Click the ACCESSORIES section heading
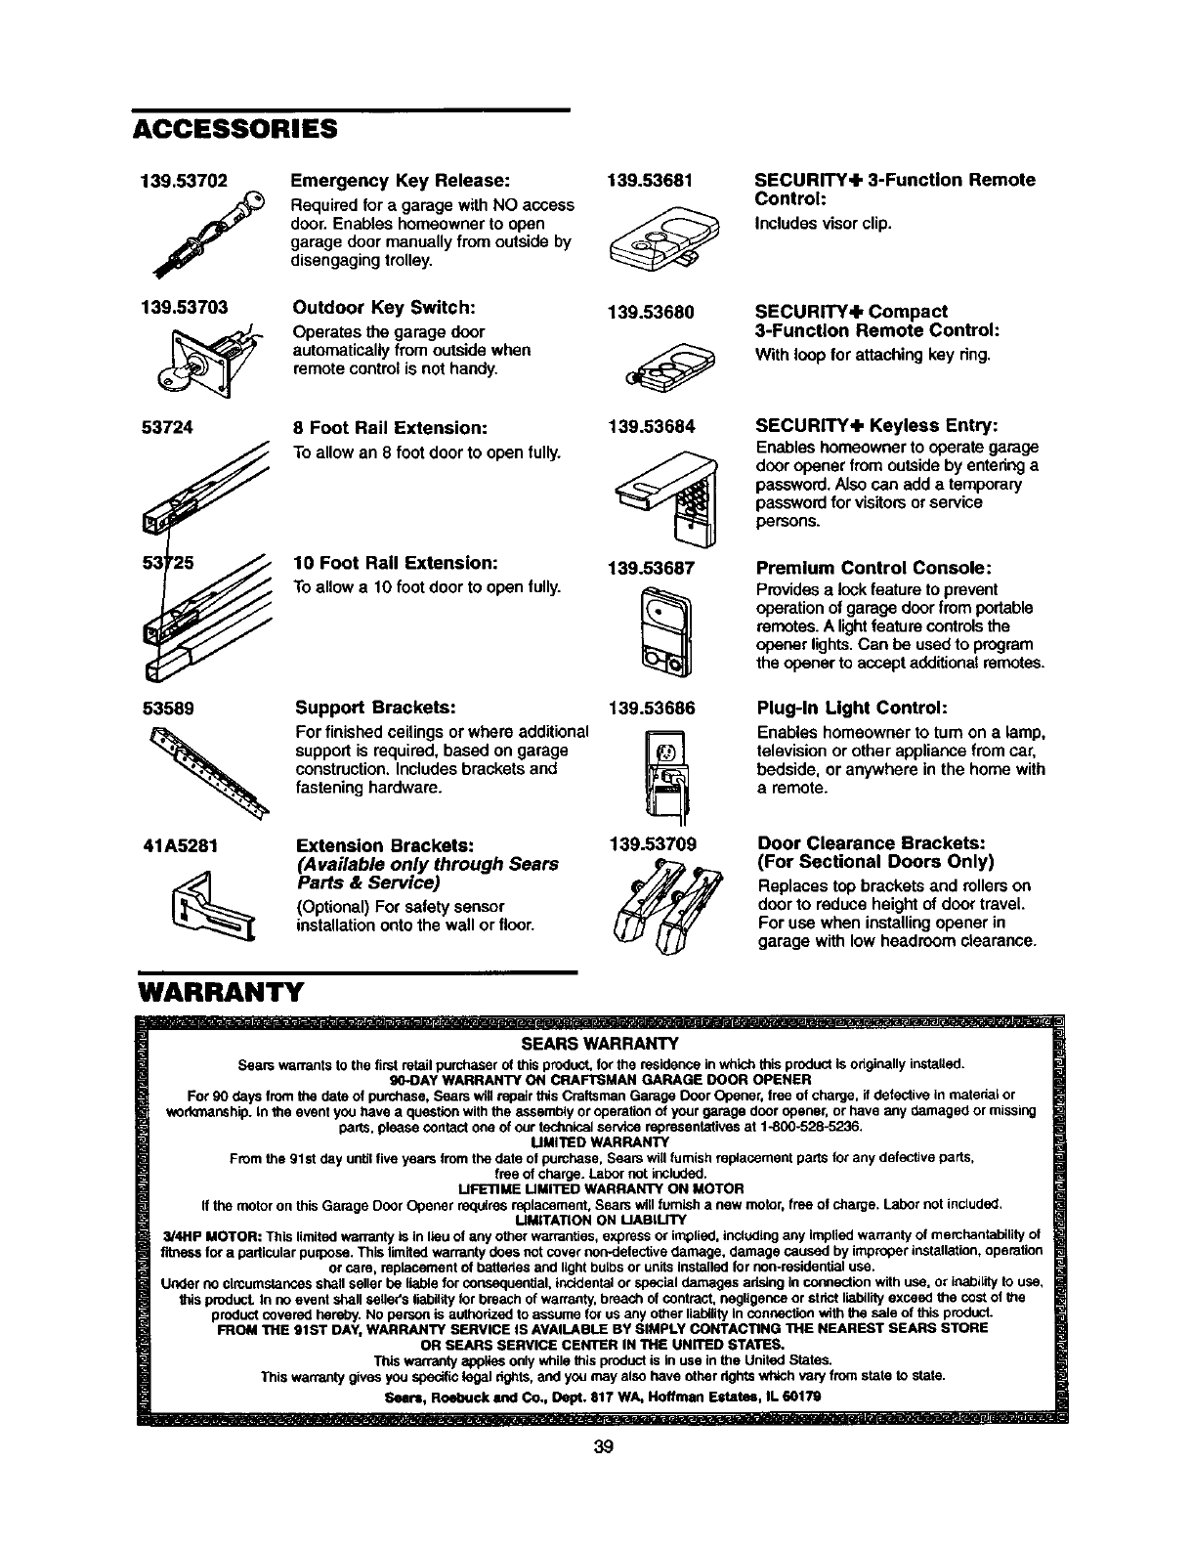click(234, 130)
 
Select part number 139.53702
click(183, 181)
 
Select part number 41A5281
click(182, 843)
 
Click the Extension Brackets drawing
click(211, 906)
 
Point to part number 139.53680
click(651, 313)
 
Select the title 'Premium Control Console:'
click(876, 568)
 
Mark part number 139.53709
click(651, 843)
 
